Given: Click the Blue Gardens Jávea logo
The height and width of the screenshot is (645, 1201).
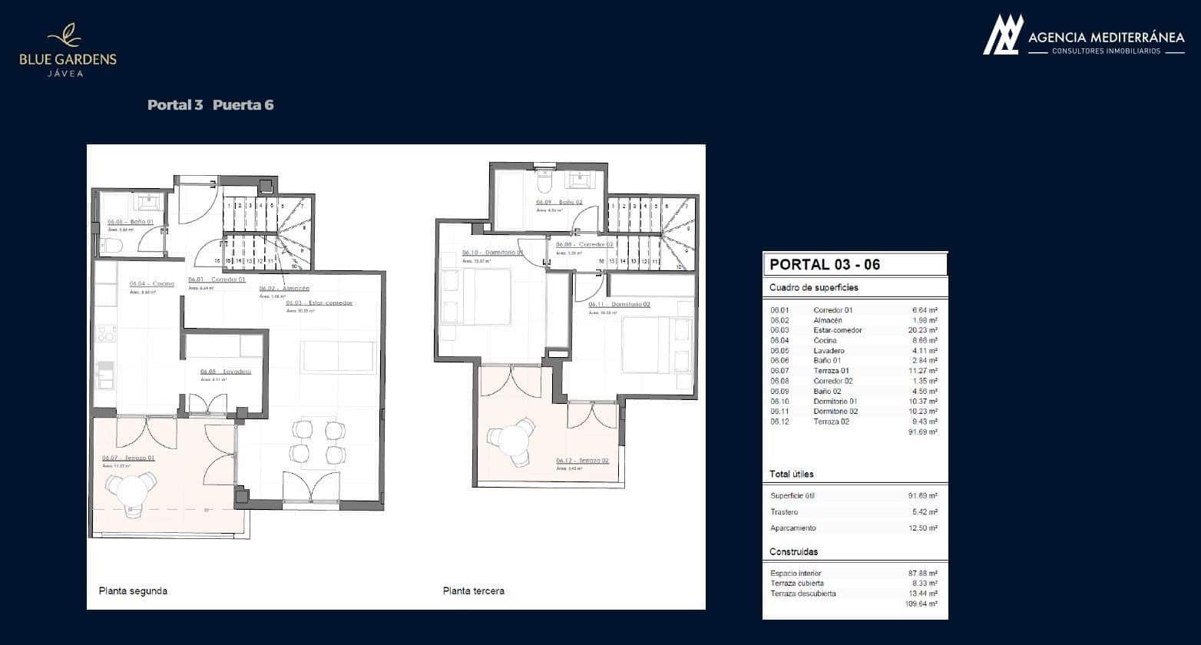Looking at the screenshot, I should coord(68,51).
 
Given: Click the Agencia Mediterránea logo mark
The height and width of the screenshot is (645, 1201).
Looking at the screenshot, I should coord(1003,35).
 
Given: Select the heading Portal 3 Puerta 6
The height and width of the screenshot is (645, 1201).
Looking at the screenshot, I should coord(210,105).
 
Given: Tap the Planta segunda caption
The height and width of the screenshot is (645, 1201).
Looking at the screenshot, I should coord(133,591).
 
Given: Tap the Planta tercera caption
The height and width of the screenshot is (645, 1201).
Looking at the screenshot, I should coord(473,591).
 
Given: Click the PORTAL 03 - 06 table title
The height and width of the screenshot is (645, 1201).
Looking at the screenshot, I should coord(824,265).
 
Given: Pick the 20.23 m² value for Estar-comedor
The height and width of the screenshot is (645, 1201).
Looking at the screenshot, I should coord(921,330).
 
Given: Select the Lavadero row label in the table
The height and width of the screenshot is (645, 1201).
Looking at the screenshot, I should coord(829,351).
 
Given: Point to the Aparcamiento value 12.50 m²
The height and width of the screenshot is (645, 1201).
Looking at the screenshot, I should coord(921,528).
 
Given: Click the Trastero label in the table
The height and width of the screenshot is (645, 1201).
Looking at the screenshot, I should coord(784,512).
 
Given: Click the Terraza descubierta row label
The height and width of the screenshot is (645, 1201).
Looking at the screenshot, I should coord(802,594).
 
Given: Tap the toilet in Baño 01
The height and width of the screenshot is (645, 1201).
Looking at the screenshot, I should coord(110,245).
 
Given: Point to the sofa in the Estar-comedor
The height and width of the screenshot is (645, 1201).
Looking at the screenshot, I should coord(339,357).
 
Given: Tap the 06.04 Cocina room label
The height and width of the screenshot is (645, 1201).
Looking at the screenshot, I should coord(151,283).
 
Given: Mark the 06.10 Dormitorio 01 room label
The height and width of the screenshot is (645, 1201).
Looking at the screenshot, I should coord(492,253).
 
